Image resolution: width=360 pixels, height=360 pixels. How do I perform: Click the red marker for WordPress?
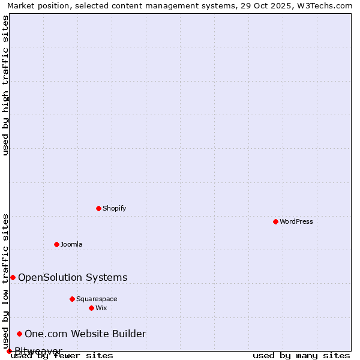[275, 221]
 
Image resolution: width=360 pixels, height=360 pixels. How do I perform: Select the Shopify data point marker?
[98, 208]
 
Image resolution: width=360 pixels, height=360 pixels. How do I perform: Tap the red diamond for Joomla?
[56, 244]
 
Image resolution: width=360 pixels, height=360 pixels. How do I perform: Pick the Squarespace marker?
[72, 299]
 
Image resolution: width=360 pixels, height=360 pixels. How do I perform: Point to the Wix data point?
[91, 308]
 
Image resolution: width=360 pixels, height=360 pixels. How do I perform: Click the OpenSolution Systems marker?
[13, 277]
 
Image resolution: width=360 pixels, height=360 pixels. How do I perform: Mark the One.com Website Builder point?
[19, 334]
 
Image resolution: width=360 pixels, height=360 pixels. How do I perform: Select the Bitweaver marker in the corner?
[9, 351]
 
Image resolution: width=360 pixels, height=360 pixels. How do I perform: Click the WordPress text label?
[296, 221]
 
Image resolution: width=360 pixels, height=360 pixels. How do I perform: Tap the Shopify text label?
[114, 208]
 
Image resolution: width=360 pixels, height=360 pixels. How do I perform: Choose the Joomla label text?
[71, 244]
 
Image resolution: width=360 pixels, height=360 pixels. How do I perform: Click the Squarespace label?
[97, 299]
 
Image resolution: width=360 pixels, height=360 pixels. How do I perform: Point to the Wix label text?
[101, 308]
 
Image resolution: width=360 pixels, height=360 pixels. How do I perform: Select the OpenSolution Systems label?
[73, 277]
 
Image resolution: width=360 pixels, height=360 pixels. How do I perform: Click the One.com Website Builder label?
[85, 334]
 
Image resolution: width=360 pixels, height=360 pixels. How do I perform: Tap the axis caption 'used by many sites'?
[301, 355]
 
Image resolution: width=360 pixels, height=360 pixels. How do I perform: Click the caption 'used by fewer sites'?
[62, 355]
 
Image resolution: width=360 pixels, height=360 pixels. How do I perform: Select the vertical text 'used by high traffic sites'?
[6, 85]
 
